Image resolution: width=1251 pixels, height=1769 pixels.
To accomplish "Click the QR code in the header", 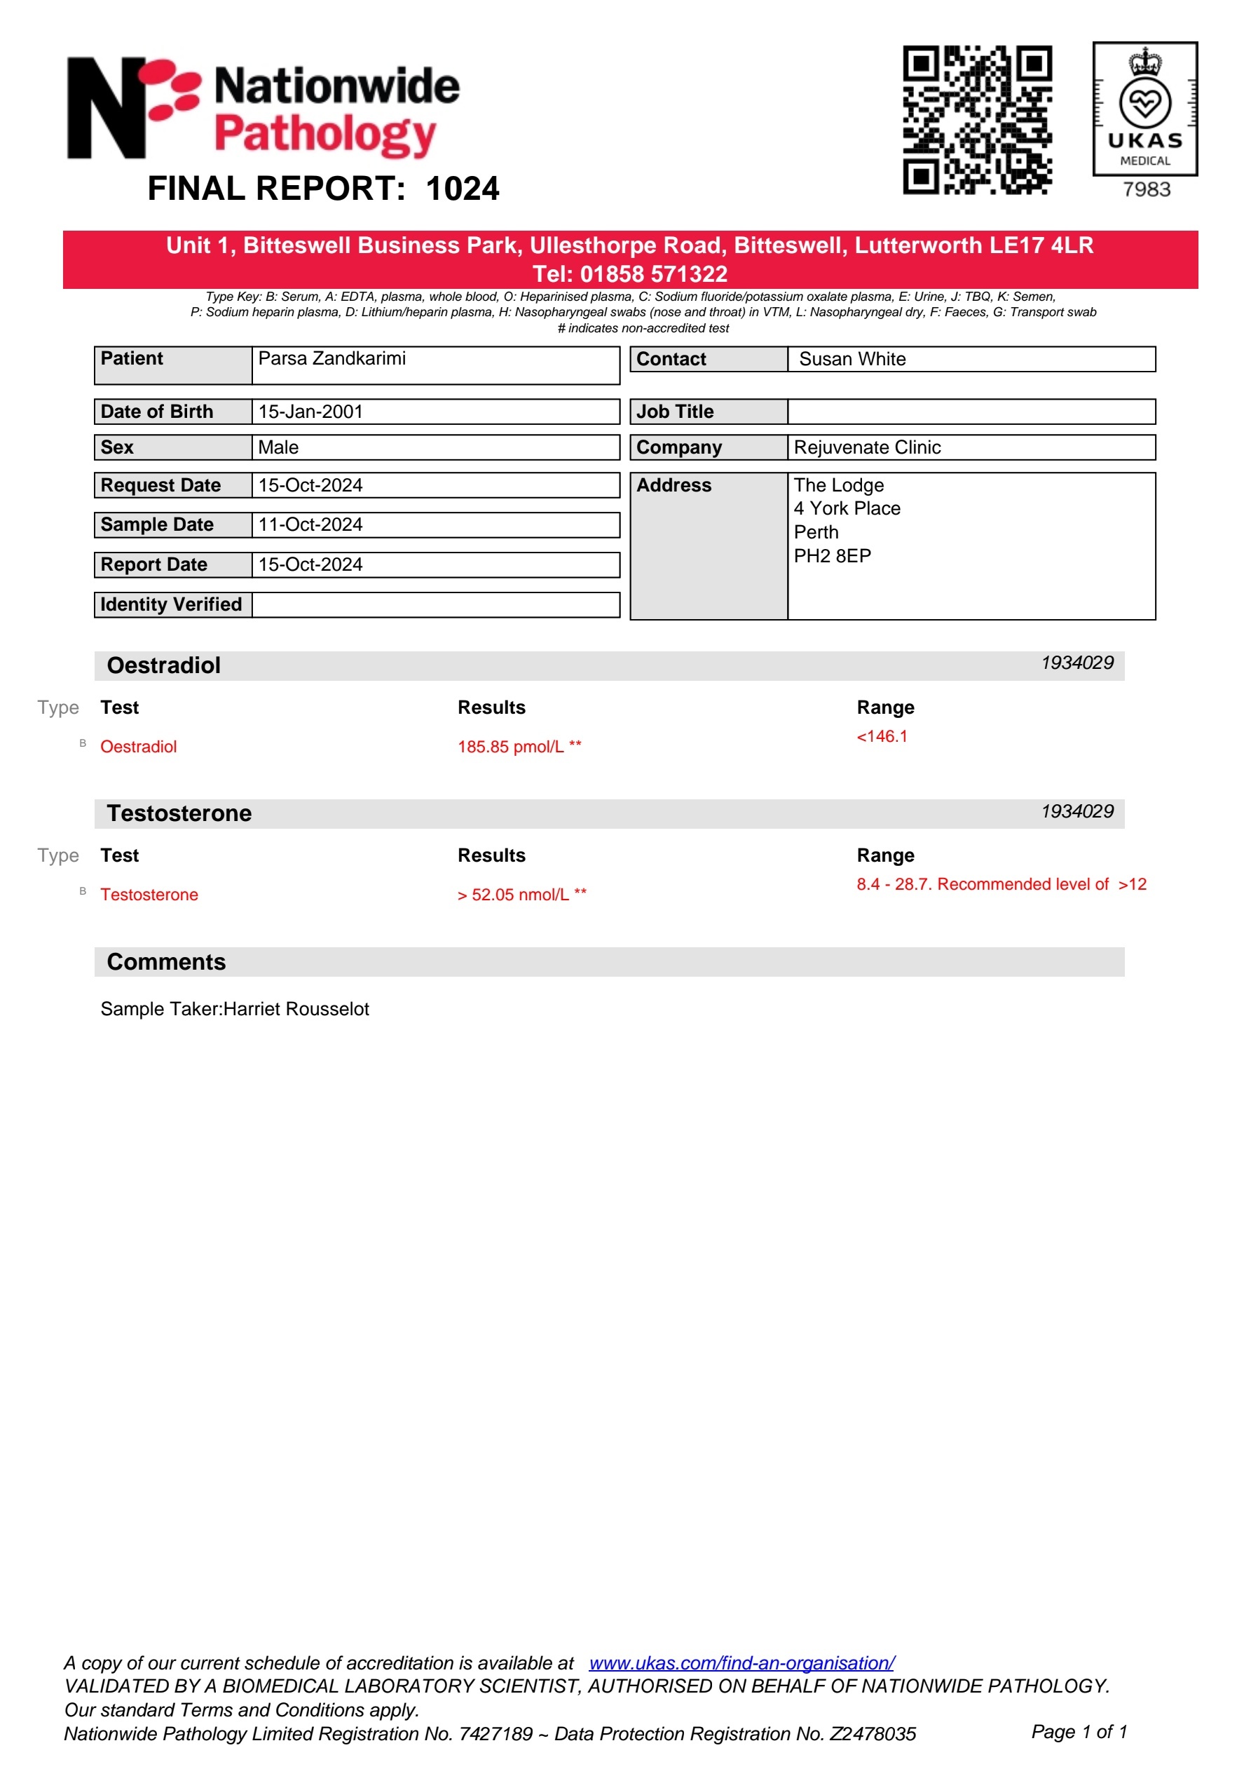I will [x=977, y=119].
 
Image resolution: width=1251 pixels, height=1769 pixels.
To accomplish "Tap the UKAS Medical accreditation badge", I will [x=1144, y=109].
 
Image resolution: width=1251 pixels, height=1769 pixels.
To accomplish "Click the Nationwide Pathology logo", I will [x=264, y=109].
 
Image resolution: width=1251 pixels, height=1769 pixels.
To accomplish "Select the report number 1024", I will [x=462, y=189].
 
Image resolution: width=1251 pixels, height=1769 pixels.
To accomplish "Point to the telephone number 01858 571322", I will [x=653, y=274].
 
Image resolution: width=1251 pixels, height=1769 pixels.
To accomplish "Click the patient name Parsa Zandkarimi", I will [x=331, y=359].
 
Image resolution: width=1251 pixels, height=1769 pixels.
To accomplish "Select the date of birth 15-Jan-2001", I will [x=310, y=412].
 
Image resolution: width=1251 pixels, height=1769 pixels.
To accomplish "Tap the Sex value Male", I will [x=278, y=447].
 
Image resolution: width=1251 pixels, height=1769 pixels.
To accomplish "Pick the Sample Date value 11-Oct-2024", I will [x=310, y=524].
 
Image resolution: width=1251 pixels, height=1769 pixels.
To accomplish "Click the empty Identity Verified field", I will [x=435, y=605].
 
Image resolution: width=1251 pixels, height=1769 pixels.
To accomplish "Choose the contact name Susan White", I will [x=852, y=359].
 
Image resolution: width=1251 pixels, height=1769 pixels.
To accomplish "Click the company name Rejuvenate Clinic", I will [x=868, y=447].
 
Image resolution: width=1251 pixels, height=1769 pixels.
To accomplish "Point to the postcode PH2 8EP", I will [x=832, y=556].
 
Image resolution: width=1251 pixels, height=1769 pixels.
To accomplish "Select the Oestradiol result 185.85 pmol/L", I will [x=511, y=747].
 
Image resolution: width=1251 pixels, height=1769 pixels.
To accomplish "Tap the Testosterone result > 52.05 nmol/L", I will [x=513, y=895].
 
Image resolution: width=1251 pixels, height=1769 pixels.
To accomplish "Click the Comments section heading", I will [x=166, y=961].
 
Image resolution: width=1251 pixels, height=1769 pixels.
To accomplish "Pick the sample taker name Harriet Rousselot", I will [x=296, y=1010].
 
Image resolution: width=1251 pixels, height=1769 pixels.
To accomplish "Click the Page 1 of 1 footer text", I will [x=1079, y=1732].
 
